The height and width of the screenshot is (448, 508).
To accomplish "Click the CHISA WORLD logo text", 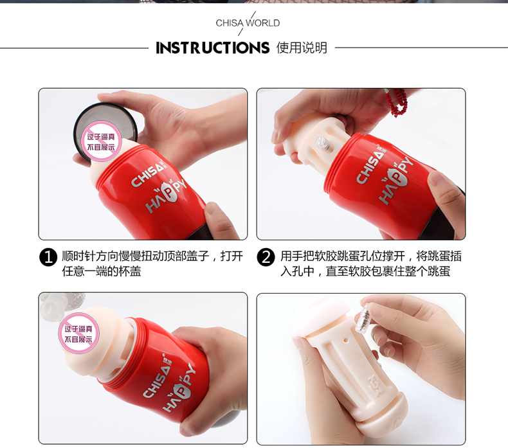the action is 248,23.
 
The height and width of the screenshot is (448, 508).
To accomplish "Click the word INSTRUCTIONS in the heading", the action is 213,48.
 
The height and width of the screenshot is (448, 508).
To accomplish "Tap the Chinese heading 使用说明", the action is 302,48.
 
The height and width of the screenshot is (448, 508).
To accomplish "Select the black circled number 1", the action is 48,257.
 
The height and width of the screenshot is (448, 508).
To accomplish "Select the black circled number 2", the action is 266,257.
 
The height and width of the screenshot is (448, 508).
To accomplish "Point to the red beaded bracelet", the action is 397,102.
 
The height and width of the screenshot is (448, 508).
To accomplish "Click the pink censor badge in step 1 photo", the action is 101,142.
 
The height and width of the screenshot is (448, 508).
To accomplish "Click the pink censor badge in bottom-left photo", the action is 78,334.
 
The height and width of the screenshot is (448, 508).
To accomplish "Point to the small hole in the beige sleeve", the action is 346,341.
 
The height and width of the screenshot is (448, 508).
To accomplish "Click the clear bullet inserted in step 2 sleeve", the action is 324,145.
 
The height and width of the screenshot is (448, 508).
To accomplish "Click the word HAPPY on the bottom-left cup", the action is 179,389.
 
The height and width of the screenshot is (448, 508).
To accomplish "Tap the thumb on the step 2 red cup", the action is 446,191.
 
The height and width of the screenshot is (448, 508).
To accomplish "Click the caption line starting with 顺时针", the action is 152,256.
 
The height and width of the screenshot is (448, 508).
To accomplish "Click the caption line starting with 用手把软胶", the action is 371,256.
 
